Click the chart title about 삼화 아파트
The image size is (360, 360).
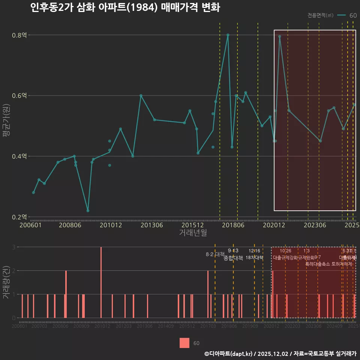[x=125, y=8]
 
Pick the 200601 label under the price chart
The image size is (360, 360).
[x=31, y=225]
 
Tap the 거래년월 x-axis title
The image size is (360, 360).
[x=193, y=233]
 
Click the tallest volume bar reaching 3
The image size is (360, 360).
[x=101, y=282]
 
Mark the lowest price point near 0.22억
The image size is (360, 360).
[x=88, y=211]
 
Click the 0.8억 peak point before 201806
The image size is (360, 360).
[x=228, y=35]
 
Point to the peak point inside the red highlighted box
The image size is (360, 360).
[x=280, y=36]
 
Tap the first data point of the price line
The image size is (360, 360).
[x=33, y=192]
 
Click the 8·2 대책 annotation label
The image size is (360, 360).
[x=215, y=254]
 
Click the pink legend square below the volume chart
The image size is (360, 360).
[x=184, y=343]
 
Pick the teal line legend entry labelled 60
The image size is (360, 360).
[x=346, y=15]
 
